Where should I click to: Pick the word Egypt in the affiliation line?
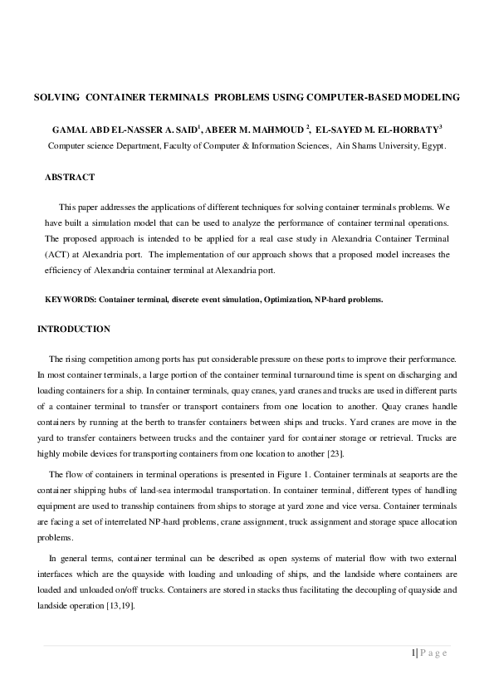[432, 144]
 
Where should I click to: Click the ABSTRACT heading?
[70, 178]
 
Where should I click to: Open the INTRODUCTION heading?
[73, 330]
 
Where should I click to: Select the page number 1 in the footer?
[413, 653]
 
